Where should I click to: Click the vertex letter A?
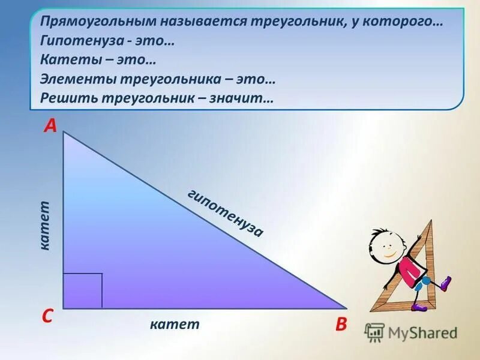(50, 125)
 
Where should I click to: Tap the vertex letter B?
(341, 325)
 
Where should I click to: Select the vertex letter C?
(47, 317)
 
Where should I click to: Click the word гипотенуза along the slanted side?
(225, 213)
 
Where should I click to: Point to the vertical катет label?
(46, 226)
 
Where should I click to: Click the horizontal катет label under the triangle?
(175, 325)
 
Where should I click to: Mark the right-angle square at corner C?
(83, 290)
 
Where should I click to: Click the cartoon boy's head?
(384, 244)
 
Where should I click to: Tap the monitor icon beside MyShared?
(375, 332)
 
